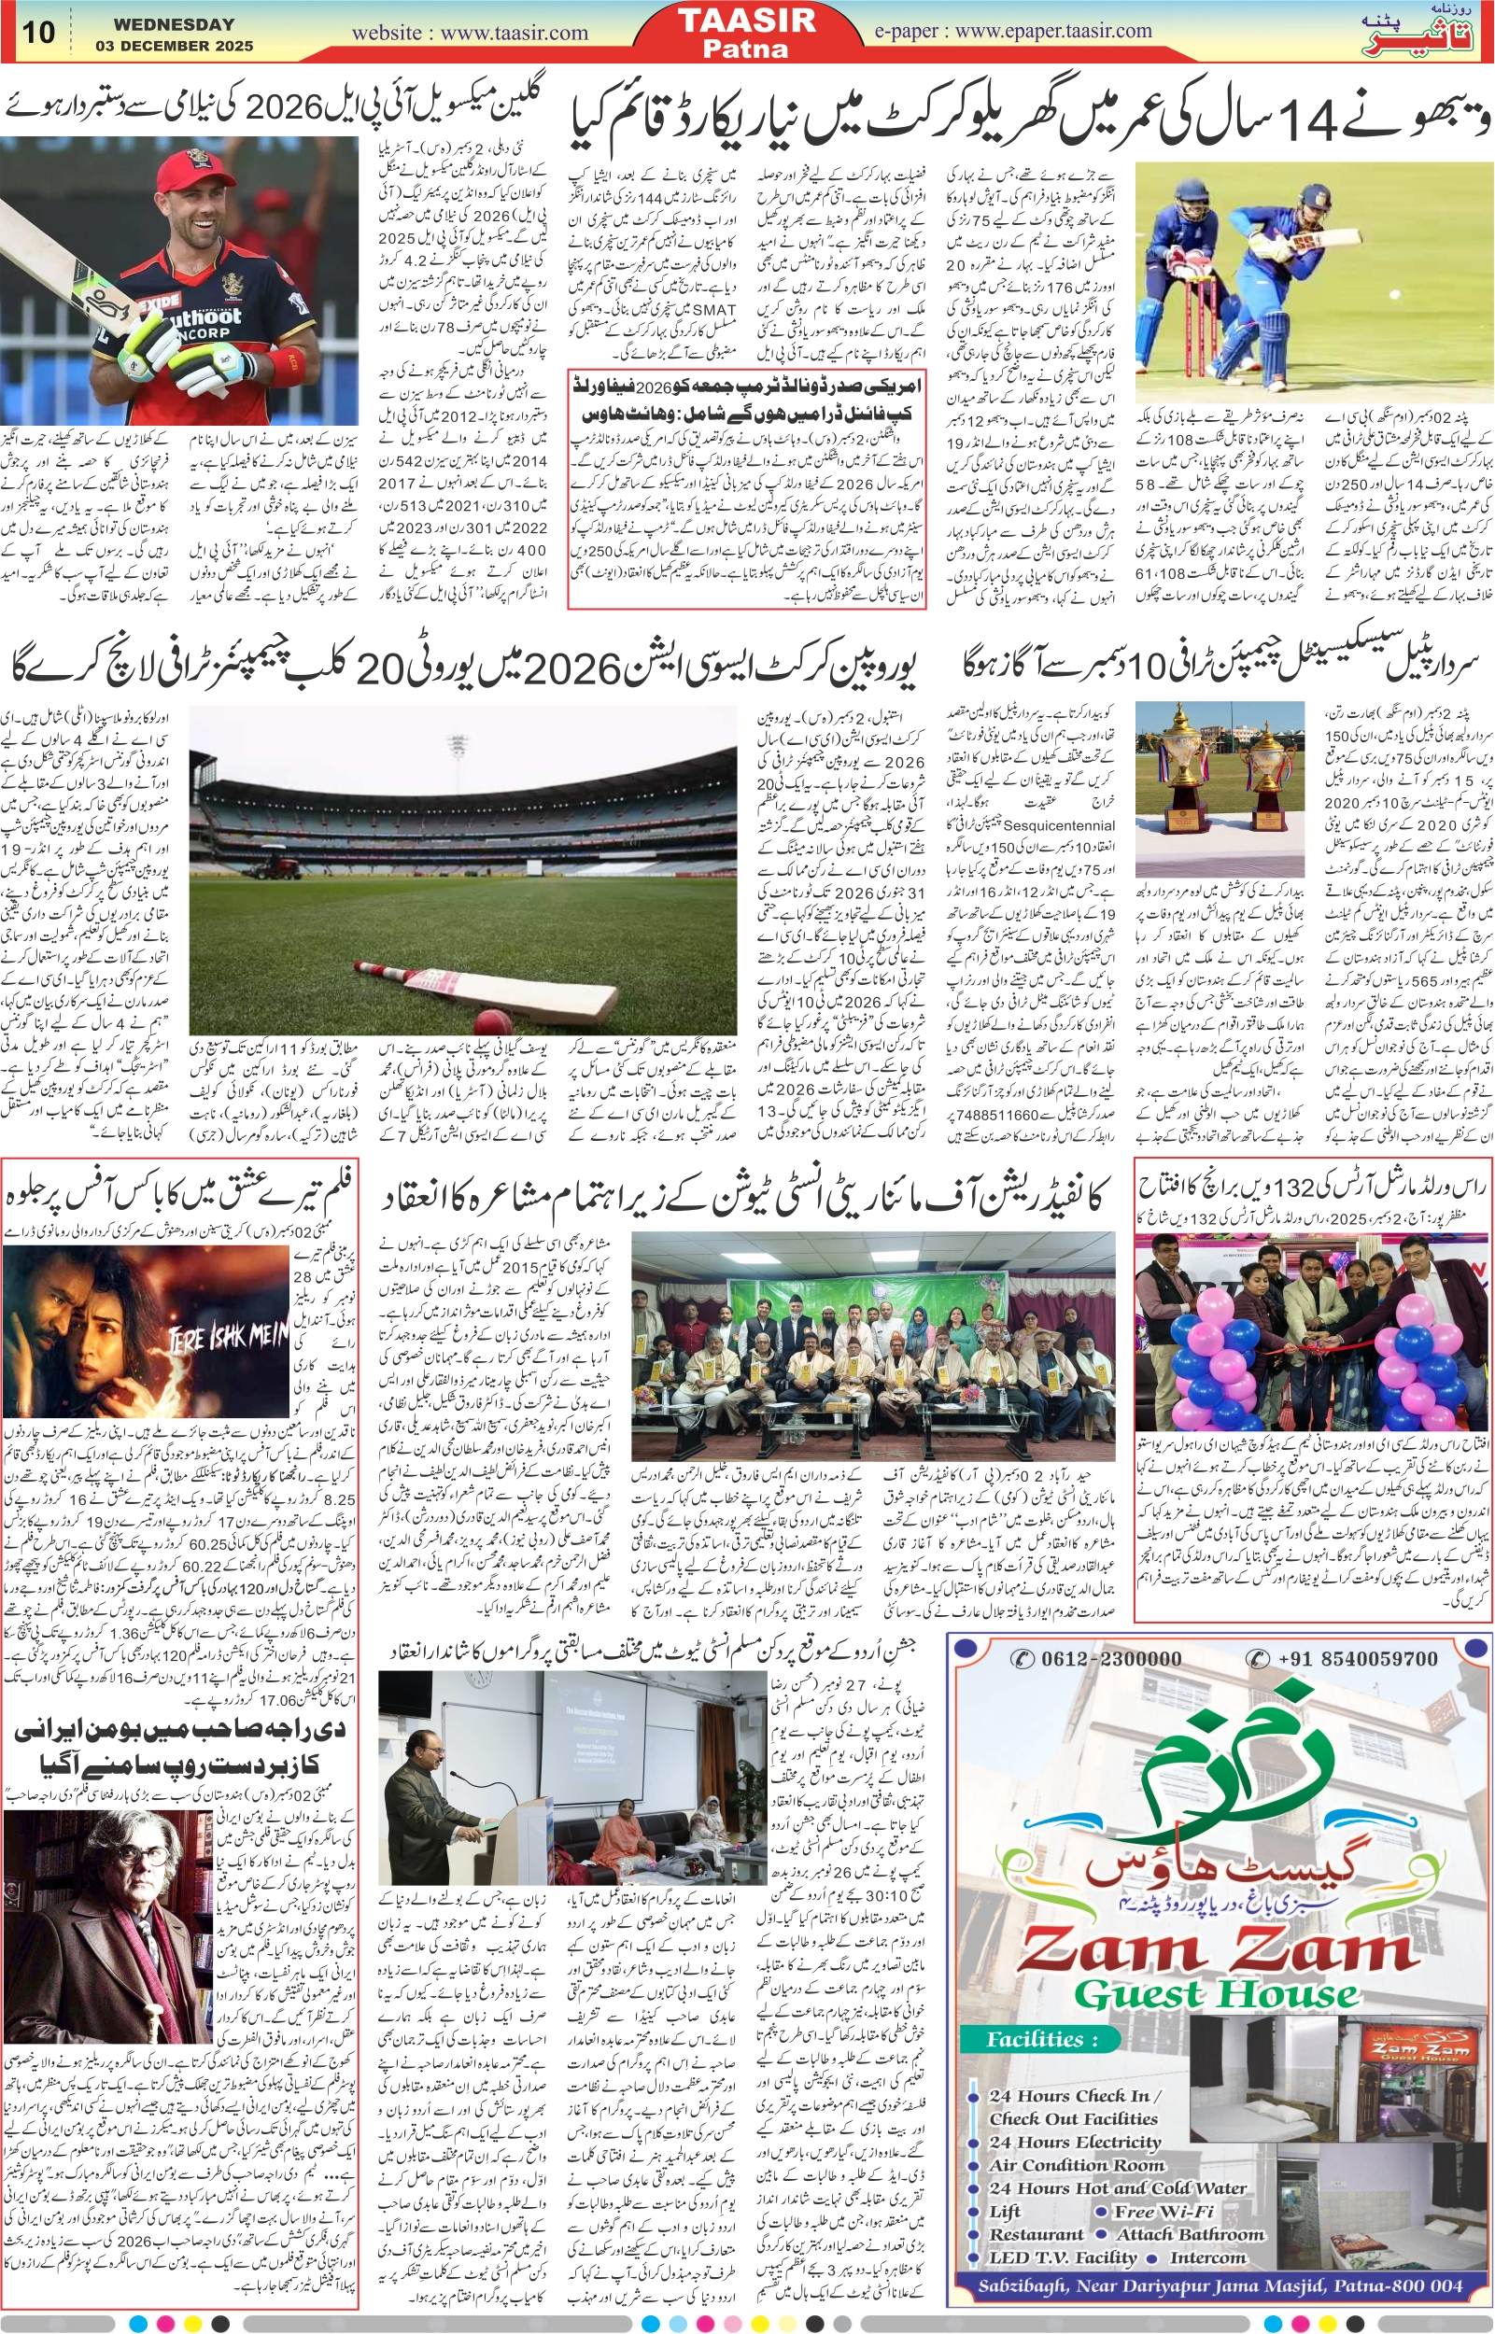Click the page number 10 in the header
tap(39, 32)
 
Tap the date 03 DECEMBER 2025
tap(174, 46)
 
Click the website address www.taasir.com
tap(470, 33)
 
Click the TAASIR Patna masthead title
tap(746, 31)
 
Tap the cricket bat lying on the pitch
tap(486, 991)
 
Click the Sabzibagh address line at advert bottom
tap(1220, 2287)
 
